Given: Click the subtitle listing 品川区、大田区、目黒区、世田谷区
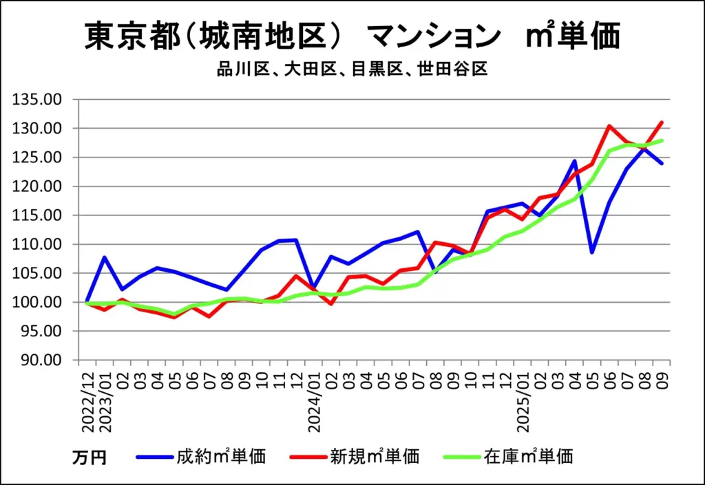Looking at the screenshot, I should (352, 69).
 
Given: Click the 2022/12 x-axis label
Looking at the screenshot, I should (87, 399).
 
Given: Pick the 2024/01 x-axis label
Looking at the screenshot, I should (315, 399).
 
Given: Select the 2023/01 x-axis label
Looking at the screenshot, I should (105, 399).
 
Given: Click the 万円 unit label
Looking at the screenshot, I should (90, 457).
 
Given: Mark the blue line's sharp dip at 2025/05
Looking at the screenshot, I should (591, 252).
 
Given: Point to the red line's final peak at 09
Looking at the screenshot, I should (662, 122).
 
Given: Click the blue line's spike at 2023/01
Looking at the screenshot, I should (105, 257).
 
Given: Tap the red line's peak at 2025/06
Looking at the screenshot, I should (609, 126).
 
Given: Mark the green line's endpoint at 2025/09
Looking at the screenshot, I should (662, 140).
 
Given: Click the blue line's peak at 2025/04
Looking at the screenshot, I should (574, 161).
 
